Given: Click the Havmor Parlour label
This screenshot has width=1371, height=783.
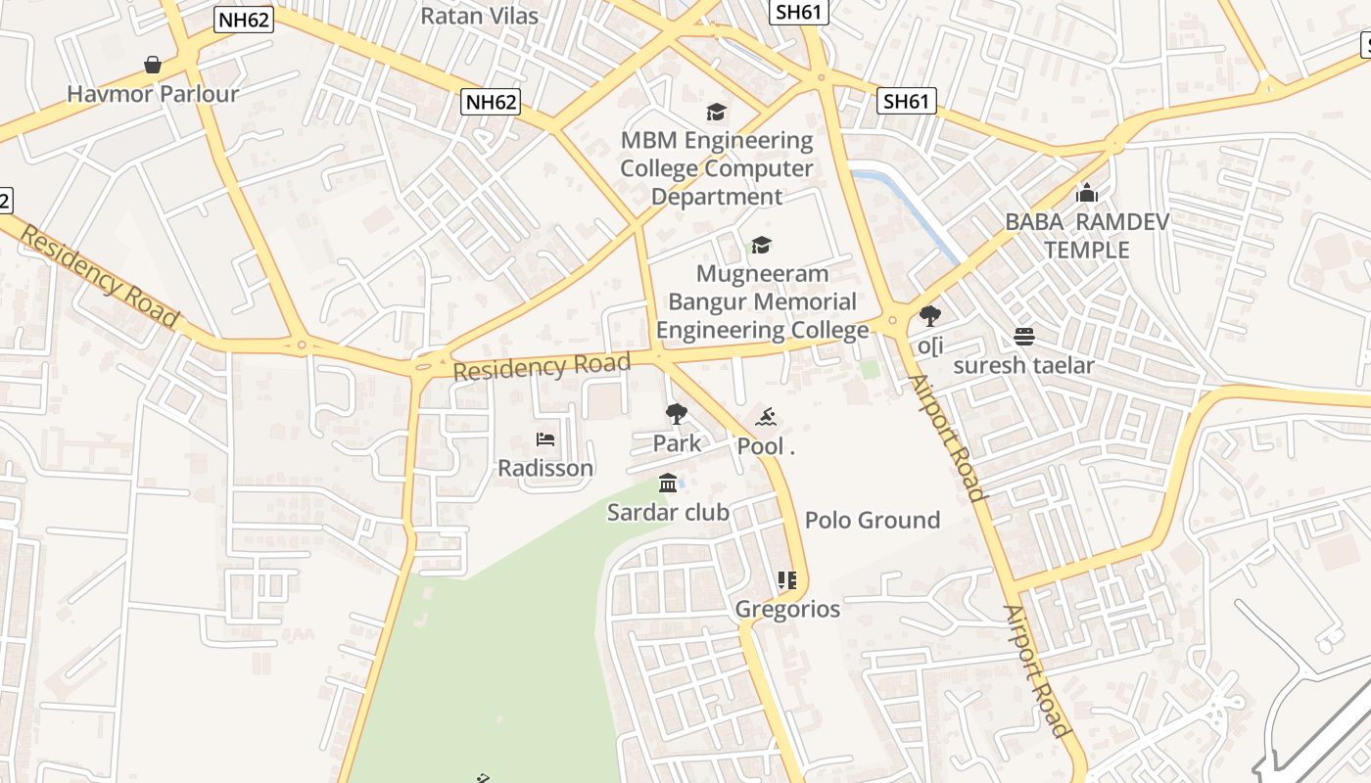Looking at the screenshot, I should pos(153,94).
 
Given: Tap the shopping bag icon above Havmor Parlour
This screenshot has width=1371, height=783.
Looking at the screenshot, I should pos(153,65).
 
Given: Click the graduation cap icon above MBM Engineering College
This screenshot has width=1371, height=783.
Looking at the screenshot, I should pos(717,112).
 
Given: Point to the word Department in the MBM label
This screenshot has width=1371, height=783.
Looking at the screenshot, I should pos(717,197).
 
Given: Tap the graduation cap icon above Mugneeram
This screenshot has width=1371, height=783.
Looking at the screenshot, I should pos(762,245).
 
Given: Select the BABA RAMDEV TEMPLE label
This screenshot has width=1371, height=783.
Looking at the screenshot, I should pos(1087,236).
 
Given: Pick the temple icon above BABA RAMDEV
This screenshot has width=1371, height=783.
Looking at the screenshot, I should pos(1087,194).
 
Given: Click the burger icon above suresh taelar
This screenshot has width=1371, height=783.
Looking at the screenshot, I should pos(1024,337).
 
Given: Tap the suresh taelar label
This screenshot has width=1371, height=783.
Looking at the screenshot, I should pos(1024,365).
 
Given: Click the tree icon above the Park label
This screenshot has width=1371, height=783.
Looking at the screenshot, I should pos(676,414).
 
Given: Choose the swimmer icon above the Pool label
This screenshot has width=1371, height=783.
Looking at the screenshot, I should pos(766,418).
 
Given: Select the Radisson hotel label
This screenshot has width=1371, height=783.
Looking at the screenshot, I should pos(545,468).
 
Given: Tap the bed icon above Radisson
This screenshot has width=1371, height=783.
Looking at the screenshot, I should pos(545,439).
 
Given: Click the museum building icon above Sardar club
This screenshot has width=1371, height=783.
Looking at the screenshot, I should pos(669,483).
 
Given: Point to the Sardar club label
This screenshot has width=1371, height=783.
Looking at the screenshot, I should pos(668,512).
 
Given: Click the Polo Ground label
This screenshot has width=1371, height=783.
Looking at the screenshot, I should pos(873,520).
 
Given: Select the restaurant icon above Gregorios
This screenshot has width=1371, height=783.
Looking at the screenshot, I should pos(786,580).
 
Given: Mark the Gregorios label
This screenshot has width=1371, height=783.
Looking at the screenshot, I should pos(787,609).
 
